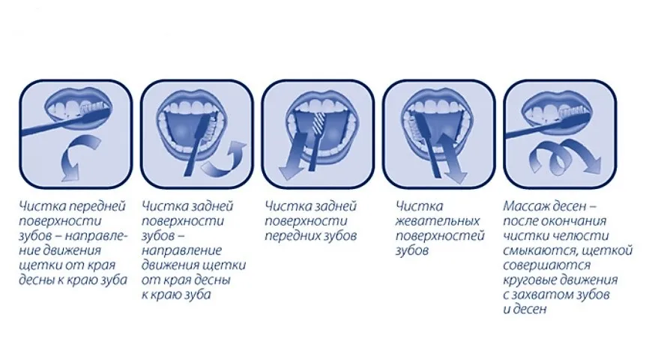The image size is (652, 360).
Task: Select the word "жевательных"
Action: (x=438, y=221)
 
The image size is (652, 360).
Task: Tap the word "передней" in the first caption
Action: (x=97, y=206)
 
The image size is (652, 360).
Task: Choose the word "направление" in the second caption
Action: (x=181, y=251)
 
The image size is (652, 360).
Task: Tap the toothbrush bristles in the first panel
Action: (x=95, y=109)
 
